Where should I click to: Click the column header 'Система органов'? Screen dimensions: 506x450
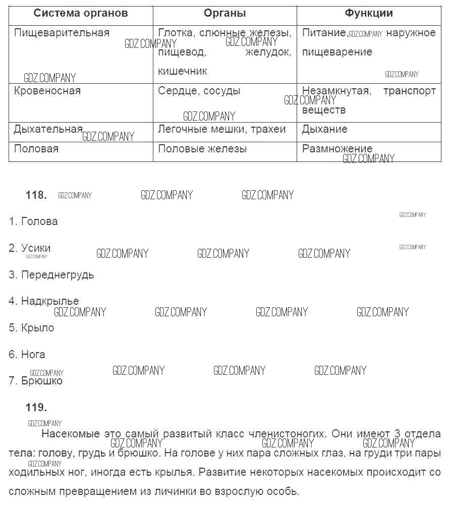pyautogui.click(x=81, y=14)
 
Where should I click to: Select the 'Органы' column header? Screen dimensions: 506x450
pyautogui.click(x=225, y=14)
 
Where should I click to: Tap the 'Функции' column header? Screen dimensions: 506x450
pyautogui.click(x=369, y=14)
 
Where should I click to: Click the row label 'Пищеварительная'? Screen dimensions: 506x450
pyautogui.click(x=62, y=33)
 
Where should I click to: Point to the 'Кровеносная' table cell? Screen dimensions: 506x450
pyautogui.click(x=47, y=91)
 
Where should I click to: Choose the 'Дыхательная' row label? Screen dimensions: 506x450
pyautogui.click(x=48, y=130)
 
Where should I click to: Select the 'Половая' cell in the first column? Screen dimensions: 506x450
pyautogui.click(x=36, y=149)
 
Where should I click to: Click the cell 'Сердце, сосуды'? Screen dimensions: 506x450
pyautogui.click(x=199, y=91)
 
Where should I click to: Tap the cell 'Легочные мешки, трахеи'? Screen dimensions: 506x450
pyautogui.click(x=222, y=130)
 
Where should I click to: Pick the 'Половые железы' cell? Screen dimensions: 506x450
pyautogui.click(x=202, y=149)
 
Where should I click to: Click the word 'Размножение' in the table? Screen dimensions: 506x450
pyautogui.click(x=337, y=149)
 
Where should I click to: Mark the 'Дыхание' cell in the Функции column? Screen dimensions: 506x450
pyautogui.click(x=324, y=130)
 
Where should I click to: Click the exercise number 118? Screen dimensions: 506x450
pyautogui.click(x=36, y=196)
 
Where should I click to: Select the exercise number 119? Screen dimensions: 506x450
pyautogui.click(x=36, y=408)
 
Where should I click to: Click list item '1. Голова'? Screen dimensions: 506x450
pyautogui.click(x=33, y=221)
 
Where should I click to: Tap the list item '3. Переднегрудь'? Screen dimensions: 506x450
pyautogui.click(x=51, y=275)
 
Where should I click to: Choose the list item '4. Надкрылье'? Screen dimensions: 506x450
pyautogui.click(x=44, y=302)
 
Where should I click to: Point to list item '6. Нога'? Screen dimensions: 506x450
pyautogui.click(x=27, y=355)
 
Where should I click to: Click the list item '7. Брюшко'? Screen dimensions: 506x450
pyautogui.click(x=36, y=381)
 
